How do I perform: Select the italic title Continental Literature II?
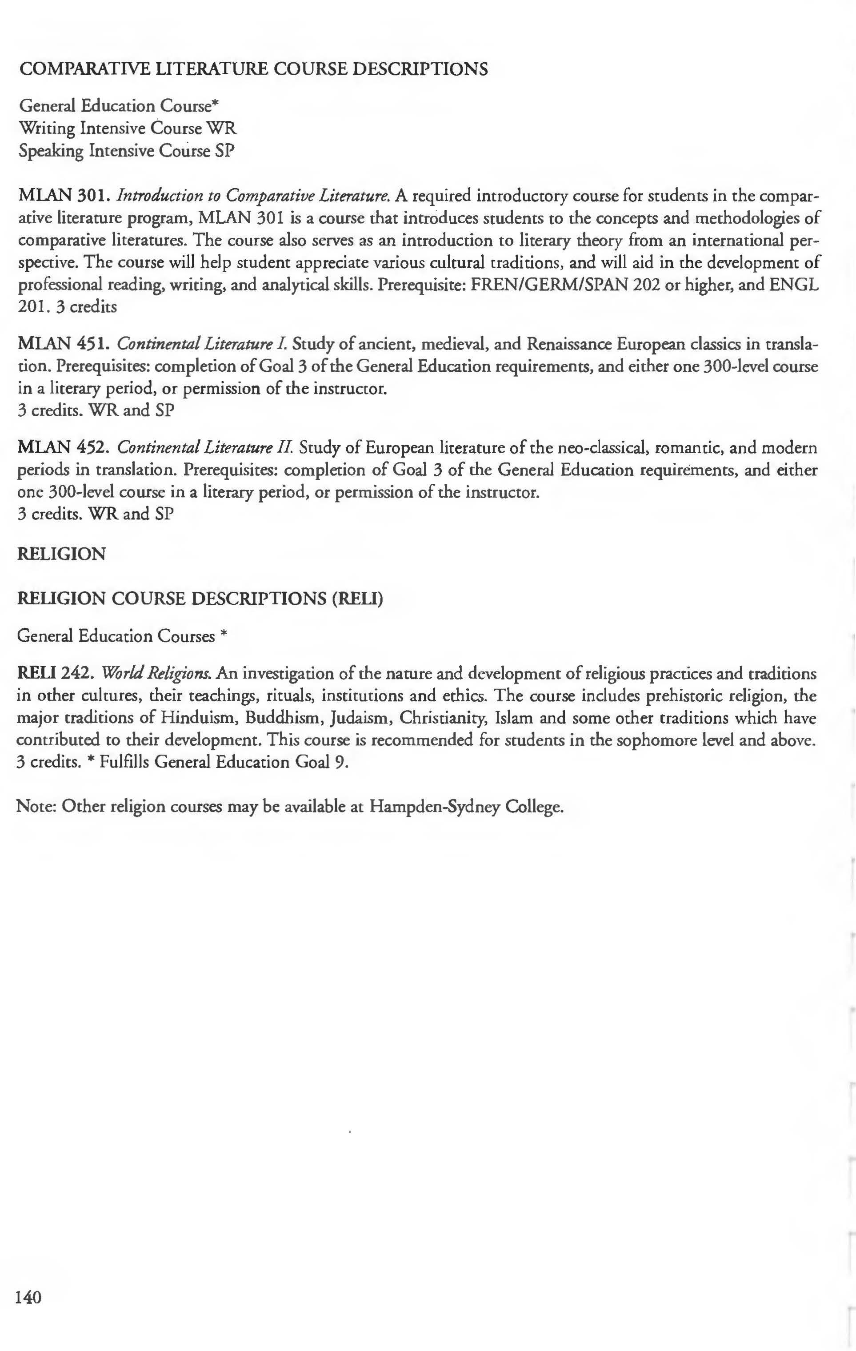pos(205,448)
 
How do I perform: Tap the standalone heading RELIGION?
pos(62,554)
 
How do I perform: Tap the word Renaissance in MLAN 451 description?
pos(569,343)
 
